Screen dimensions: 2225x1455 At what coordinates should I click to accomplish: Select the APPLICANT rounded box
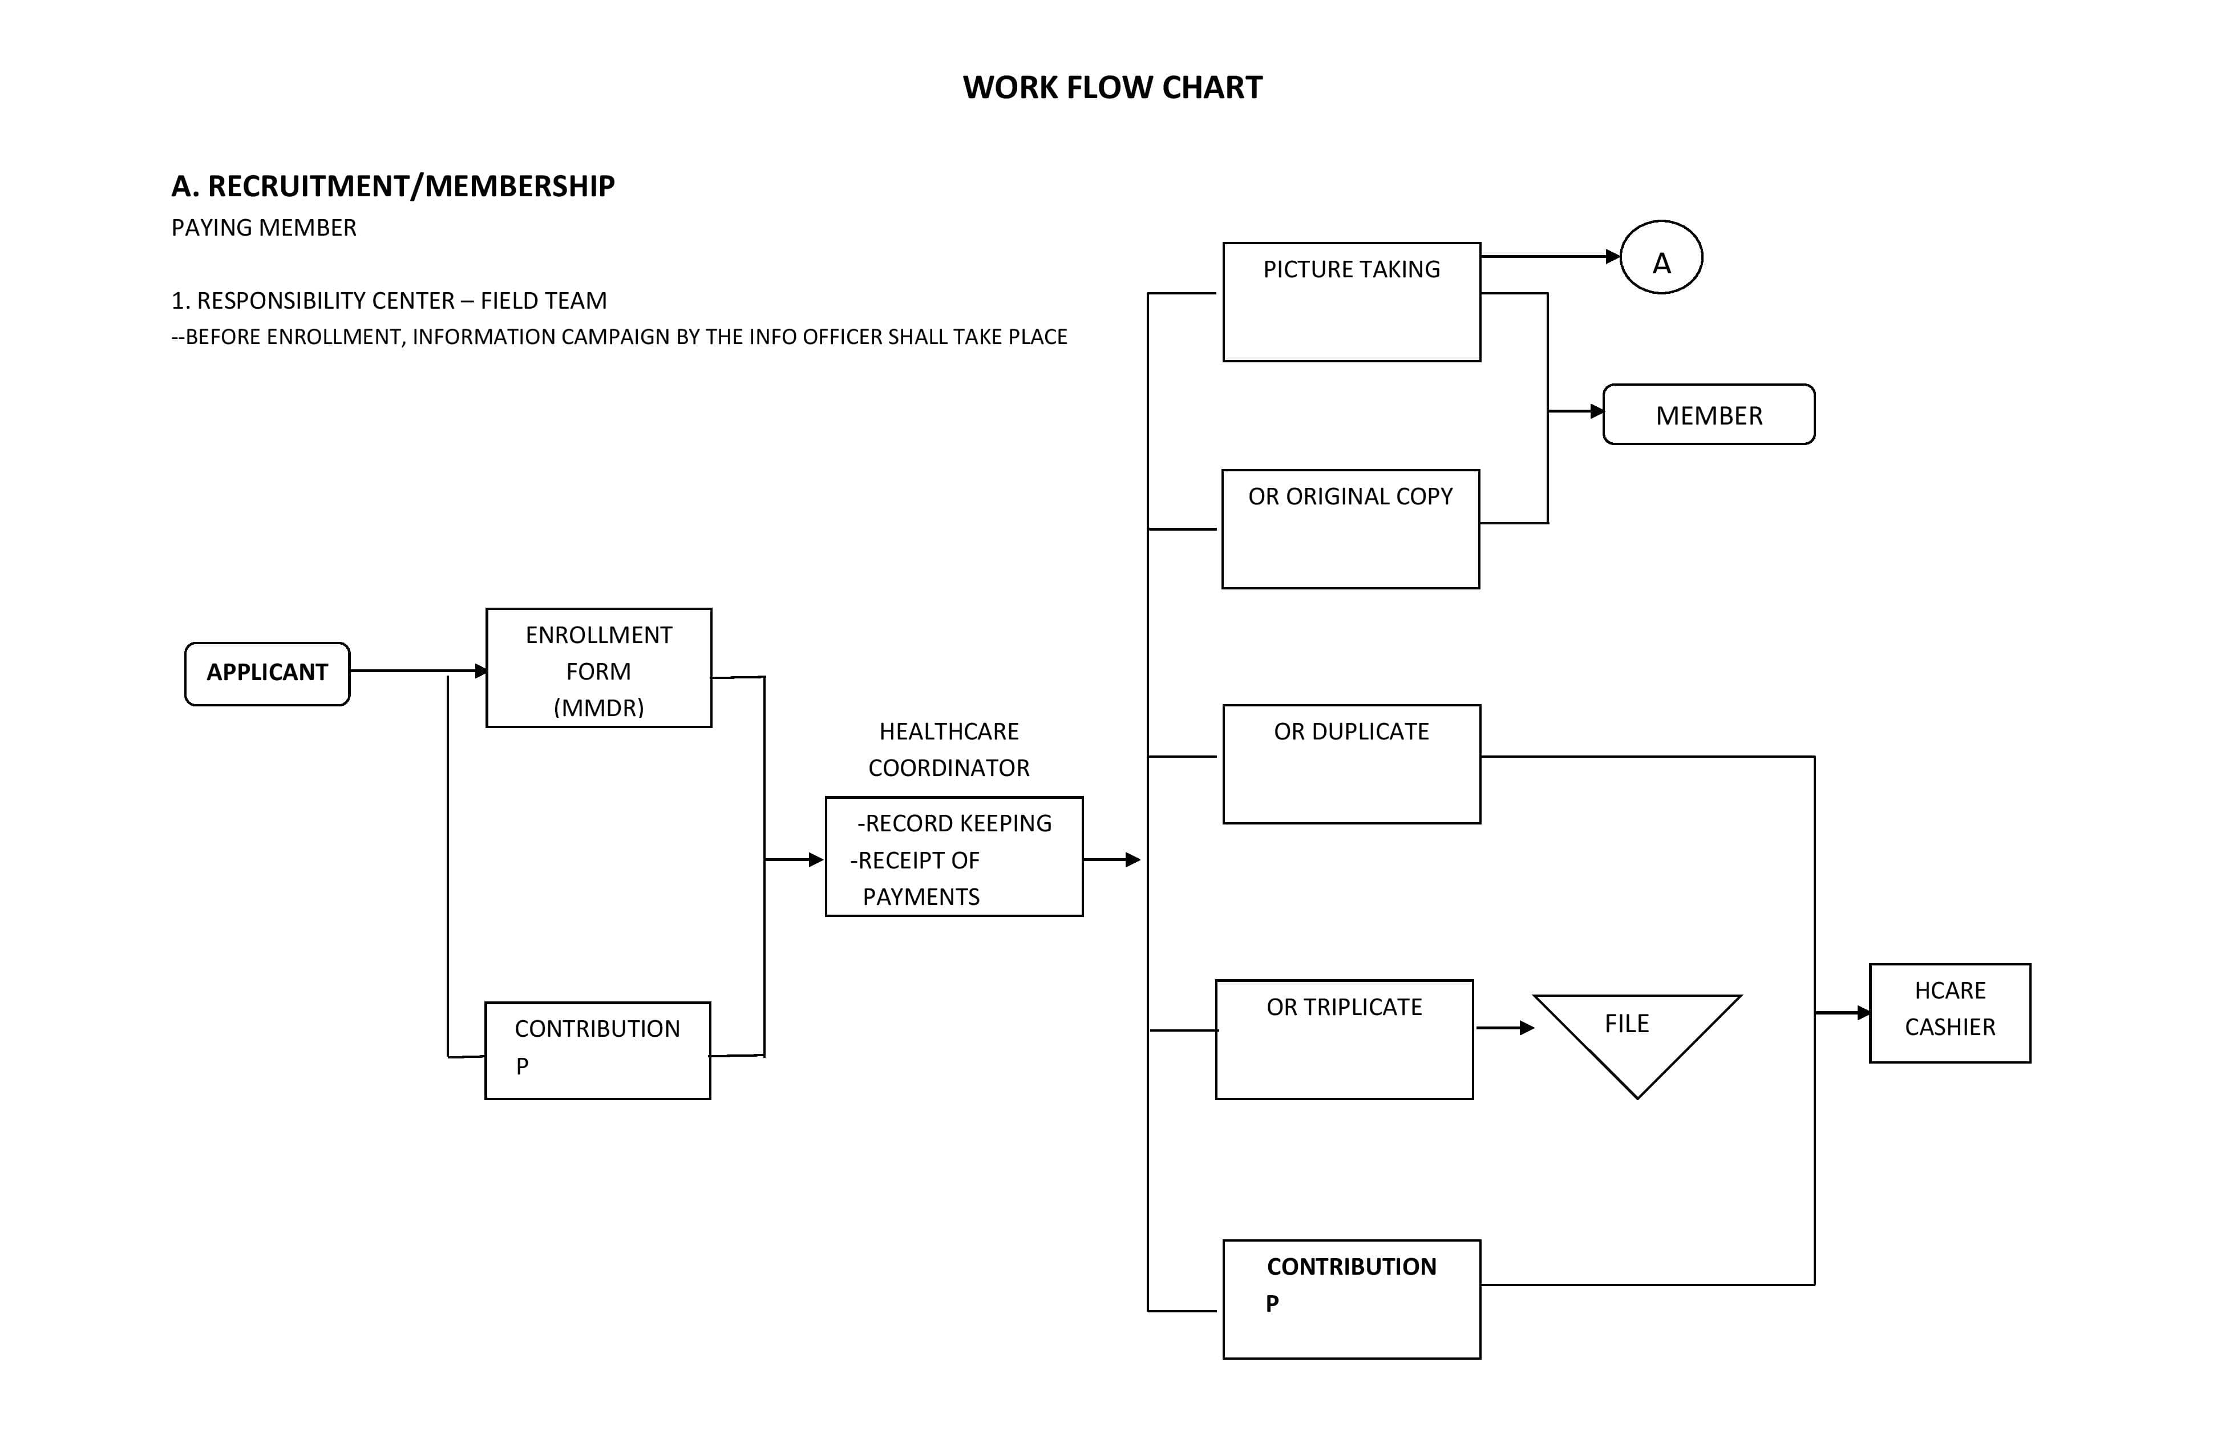click(268, 673)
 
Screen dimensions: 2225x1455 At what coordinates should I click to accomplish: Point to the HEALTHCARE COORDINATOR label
click(949, 749)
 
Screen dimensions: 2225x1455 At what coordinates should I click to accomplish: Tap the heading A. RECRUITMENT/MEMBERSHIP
click(393, 186)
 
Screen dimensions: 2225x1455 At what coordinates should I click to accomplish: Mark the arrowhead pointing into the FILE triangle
click(1528, 1028)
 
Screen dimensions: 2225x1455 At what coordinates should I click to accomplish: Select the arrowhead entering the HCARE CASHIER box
click(1863, 1013)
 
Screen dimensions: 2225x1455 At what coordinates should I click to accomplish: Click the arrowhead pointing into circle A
click(1613, 256)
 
